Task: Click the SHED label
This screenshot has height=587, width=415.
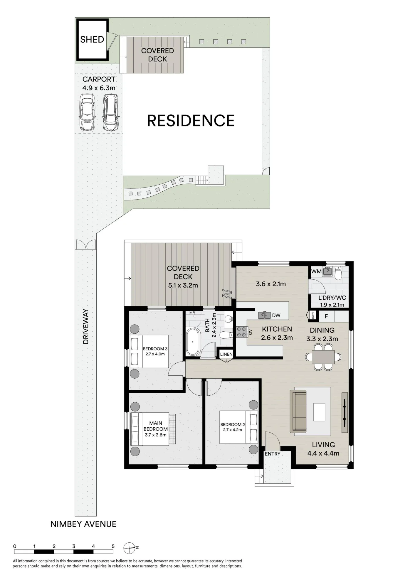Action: (x=92, y=39)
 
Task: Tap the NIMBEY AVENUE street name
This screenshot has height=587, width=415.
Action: (x=83, y=524)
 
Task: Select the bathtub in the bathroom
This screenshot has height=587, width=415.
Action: (x=193, y=342)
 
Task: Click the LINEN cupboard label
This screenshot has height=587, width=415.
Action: (x=226, y=354)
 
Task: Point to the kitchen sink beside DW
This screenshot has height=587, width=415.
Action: (x=264, y=315)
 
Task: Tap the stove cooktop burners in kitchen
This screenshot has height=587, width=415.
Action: (x=241, y=332)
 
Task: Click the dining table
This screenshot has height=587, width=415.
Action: (x=323, y=357)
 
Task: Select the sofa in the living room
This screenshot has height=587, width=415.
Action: (x=298, y=411)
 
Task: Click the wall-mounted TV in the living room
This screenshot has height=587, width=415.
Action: (x=345, y=412)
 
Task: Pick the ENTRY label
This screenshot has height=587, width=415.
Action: (x=273, y=454)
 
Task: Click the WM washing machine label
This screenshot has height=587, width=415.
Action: (x=316, y=271)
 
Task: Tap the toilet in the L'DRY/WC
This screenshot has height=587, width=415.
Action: (x=338, y=273)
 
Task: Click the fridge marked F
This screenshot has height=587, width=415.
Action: (x=326, y=316)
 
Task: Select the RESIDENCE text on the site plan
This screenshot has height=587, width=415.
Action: (x=191, y=121)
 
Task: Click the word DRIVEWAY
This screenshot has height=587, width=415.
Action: (x=86, y=326)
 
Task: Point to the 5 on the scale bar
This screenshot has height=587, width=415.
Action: (x=113, y=546)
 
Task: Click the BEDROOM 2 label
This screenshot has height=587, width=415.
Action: (x=233, y=424)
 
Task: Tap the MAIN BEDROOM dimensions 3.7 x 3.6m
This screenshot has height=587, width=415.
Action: (x=156, y=435)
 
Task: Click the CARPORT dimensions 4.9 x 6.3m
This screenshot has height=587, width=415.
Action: (x=99, y=88)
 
